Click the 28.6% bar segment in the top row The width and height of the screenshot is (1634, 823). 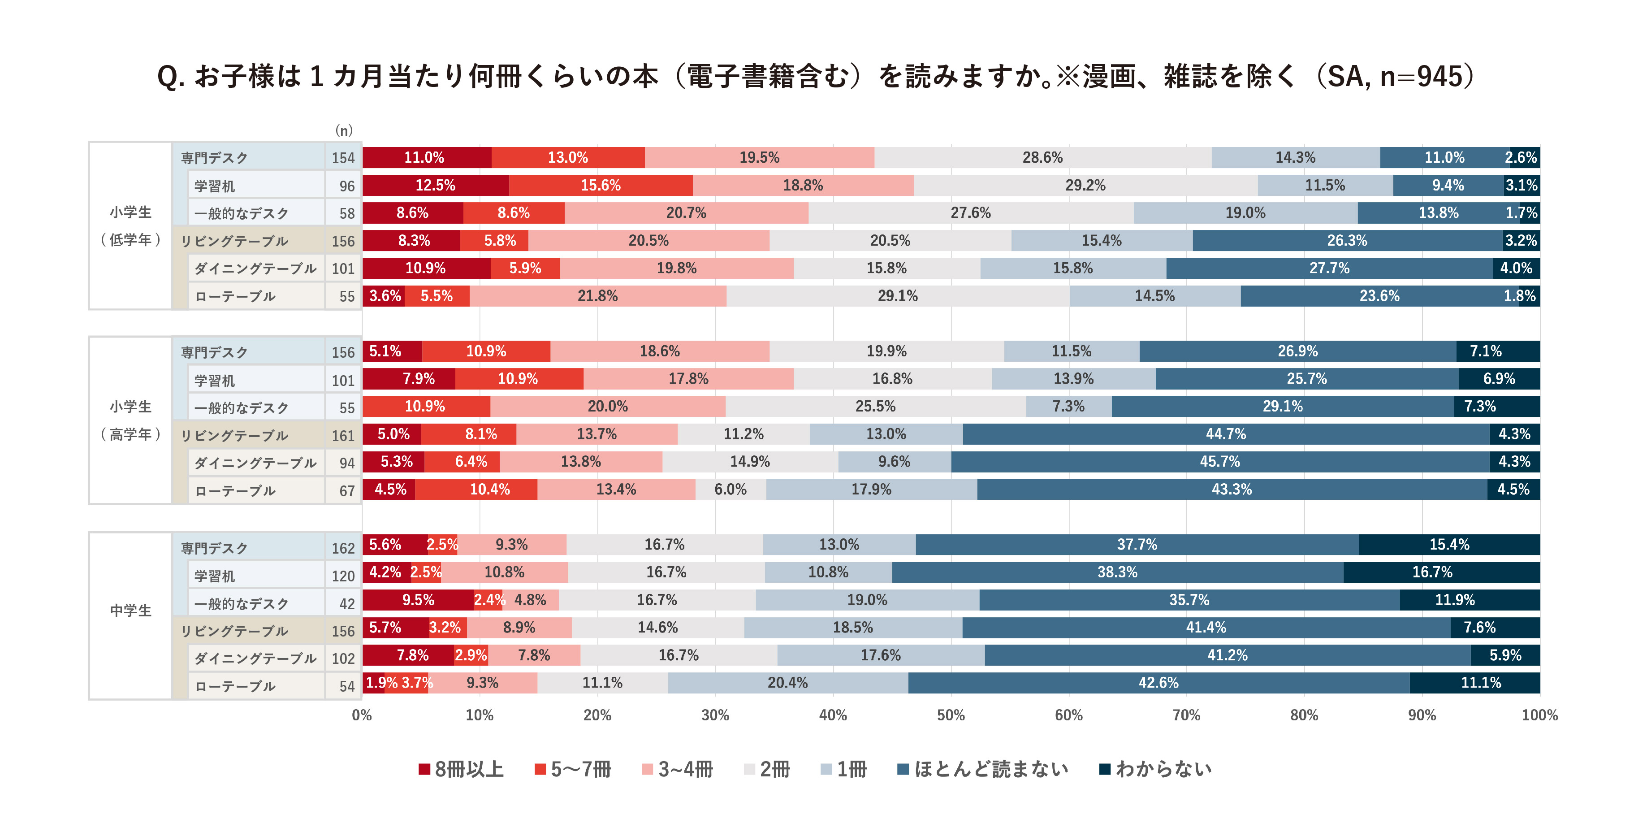pos(1042,157)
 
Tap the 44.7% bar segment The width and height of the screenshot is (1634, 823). pos(1225,434)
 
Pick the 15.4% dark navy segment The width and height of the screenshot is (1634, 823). pos(1449,545)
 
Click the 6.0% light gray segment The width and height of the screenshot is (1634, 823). pos(730,489)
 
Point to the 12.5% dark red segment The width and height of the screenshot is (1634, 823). pos(435,185)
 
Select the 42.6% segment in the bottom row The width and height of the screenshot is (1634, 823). pos(1158,683)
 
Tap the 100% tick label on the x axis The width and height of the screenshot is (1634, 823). pos(1539,715)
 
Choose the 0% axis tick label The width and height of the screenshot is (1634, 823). pos(362,715)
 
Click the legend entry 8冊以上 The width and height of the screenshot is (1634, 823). pos(461,769)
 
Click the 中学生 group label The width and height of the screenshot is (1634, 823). pos(131,611)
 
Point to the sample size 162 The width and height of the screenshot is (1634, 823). pos(343,548)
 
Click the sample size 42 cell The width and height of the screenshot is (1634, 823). pos(346,603)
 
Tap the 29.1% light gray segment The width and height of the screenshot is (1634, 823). pos(898,296)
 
